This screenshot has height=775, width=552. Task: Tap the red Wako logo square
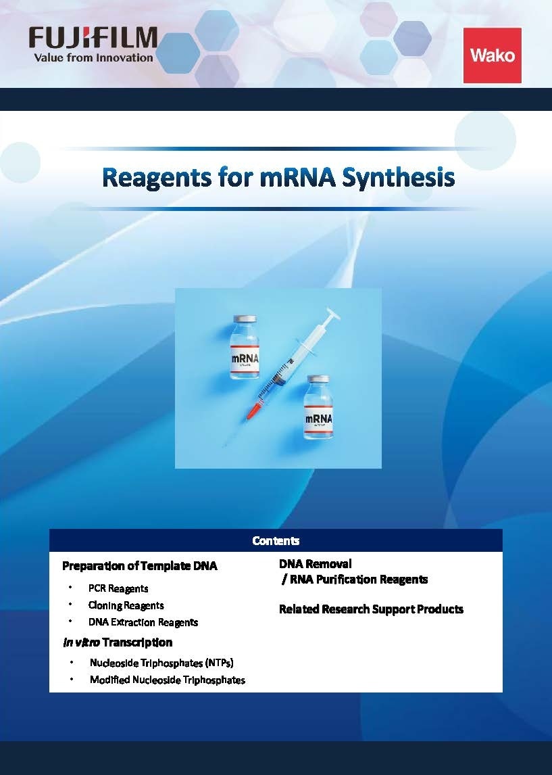(x=492, y=55)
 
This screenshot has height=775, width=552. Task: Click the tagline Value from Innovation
(x=94, y=58)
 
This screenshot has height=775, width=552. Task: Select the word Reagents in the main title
(x=154, y=178)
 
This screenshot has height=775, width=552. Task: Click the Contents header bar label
(x=276, y=540)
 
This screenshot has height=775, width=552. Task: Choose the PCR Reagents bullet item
(x=118, y=588)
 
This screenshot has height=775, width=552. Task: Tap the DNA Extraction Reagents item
(x=143, y=622)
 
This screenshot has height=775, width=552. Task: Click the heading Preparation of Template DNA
(x=140, y=566)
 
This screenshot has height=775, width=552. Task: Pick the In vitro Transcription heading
(x=118, y=642)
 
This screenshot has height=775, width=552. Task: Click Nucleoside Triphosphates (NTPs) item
(x=162, y=663)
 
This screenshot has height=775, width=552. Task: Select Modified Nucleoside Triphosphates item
(x=168, y=680)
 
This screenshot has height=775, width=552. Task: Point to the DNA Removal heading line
(x=316, y=563)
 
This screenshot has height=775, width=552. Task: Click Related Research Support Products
(x=371, y=609)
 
